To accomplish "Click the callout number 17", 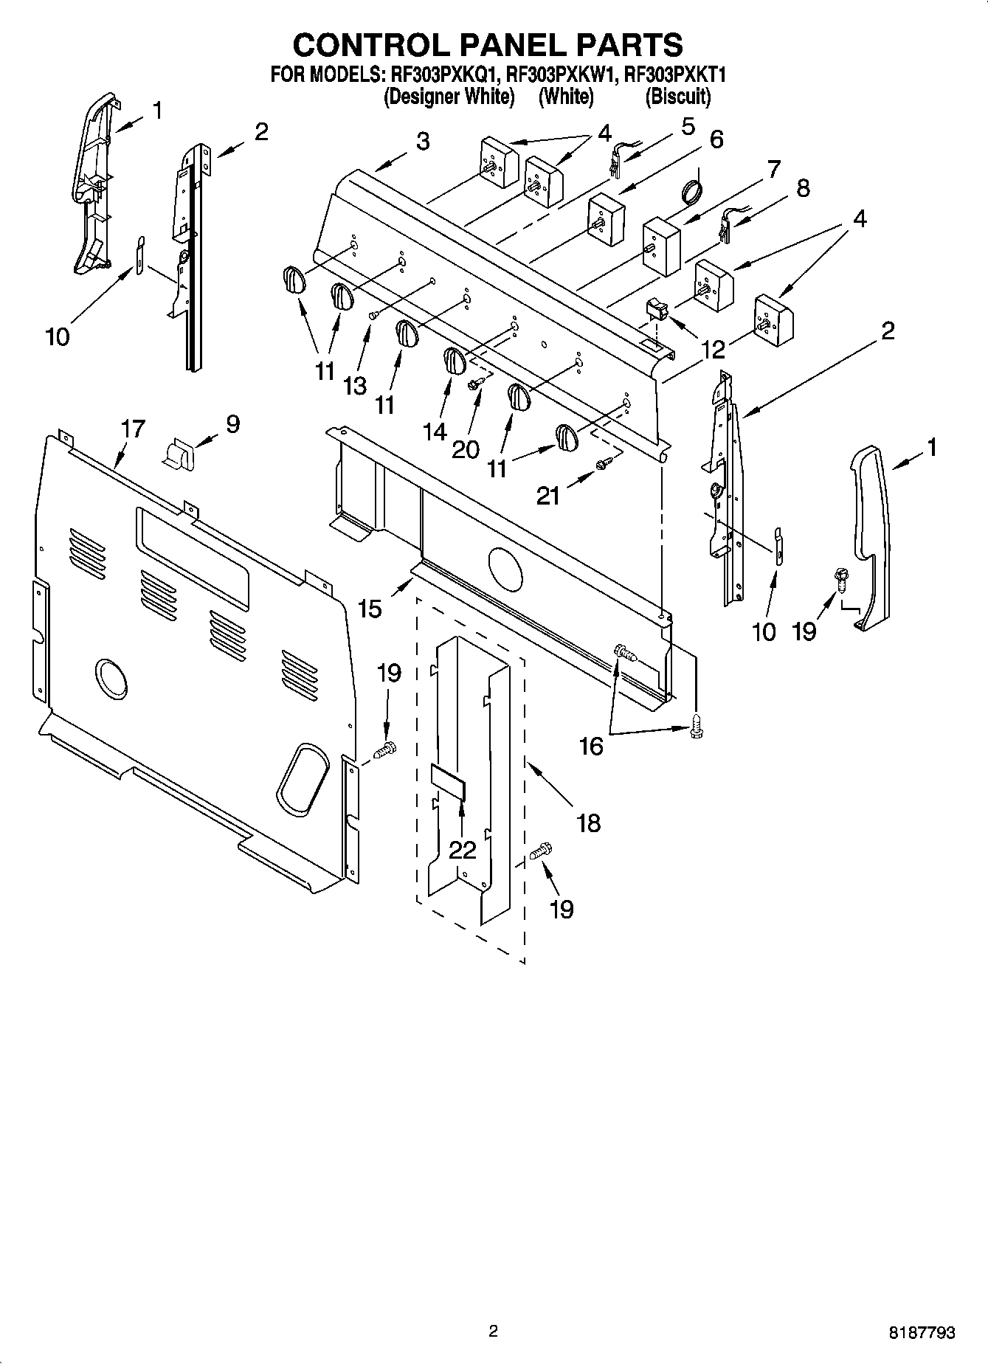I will point(134,429).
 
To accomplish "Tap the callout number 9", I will point(232,424).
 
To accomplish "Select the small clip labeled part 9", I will point(179,452).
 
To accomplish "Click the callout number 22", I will point(463,850).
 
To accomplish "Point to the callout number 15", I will point(370,609).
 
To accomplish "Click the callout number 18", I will point(588,823).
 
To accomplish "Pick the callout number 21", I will point(548,496).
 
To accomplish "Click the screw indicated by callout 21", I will point(603,463).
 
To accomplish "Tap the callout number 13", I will point(355,385).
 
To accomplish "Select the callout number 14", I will point(435,431).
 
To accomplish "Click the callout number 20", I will point(465,449).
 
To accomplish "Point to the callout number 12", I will point(713,349).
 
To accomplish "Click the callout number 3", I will point(422,141).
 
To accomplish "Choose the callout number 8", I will point(803,187).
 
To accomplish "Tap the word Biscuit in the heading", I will point(677,97).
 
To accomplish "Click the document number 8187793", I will point(921,1333).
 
